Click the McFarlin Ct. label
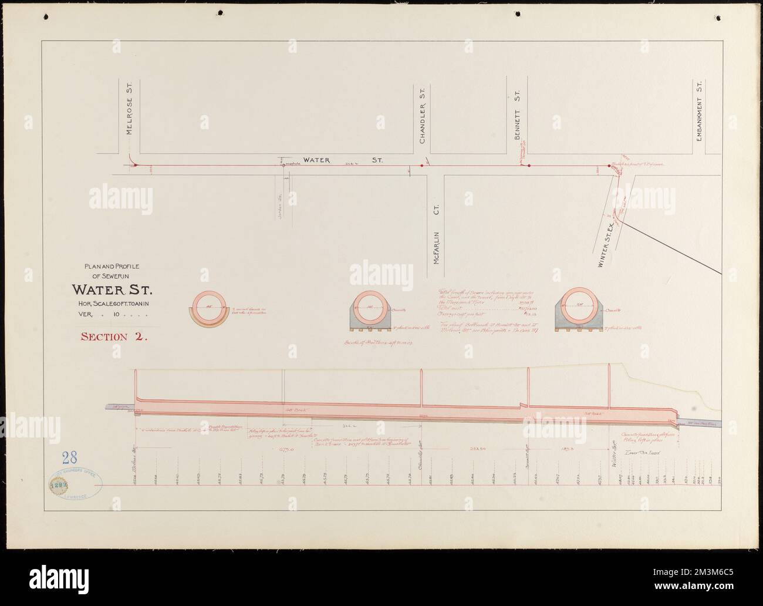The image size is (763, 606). point(436,232)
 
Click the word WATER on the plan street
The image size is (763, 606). point(318,160)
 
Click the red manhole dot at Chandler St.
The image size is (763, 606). point(421,166)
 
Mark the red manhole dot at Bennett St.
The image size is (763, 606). point(529,166)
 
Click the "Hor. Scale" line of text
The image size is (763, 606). point(112,304)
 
